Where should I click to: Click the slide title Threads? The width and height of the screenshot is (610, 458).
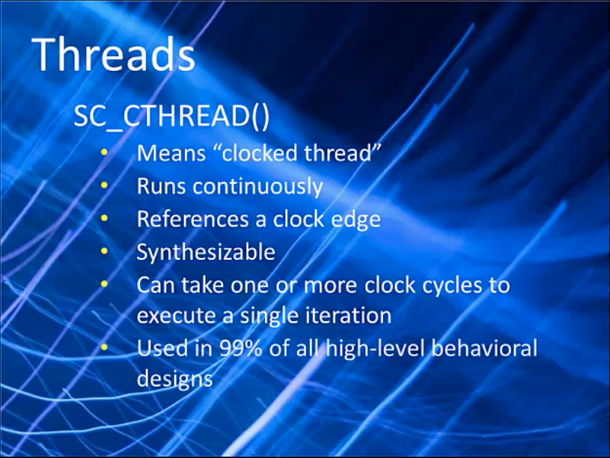click(x=113, y=54)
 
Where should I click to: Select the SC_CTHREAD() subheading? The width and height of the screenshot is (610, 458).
click(x=171, y=117)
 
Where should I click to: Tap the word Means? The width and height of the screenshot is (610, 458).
click(x=171, y=152)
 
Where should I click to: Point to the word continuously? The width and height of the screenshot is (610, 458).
click(x=257, y=188)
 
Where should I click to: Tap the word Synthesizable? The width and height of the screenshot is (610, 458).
click(x=206, y=253)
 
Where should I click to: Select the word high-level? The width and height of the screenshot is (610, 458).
click(x=373, y=349)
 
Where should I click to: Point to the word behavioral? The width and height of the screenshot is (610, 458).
click(x=484, y=348)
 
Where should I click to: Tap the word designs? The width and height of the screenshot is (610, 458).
click(x=174, y=379)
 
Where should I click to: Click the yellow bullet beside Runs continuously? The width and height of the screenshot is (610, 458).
click(x=104, y=186)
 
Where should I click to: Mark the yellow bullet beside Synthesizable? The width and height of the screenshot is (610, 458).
click(x=104, y=251)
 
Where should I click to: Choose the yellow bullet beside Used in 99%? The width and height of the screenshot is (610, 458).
click(x=104, y=347)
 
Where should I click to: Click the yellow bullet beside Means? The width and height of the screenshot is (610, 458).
click(x=104, y=152)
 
